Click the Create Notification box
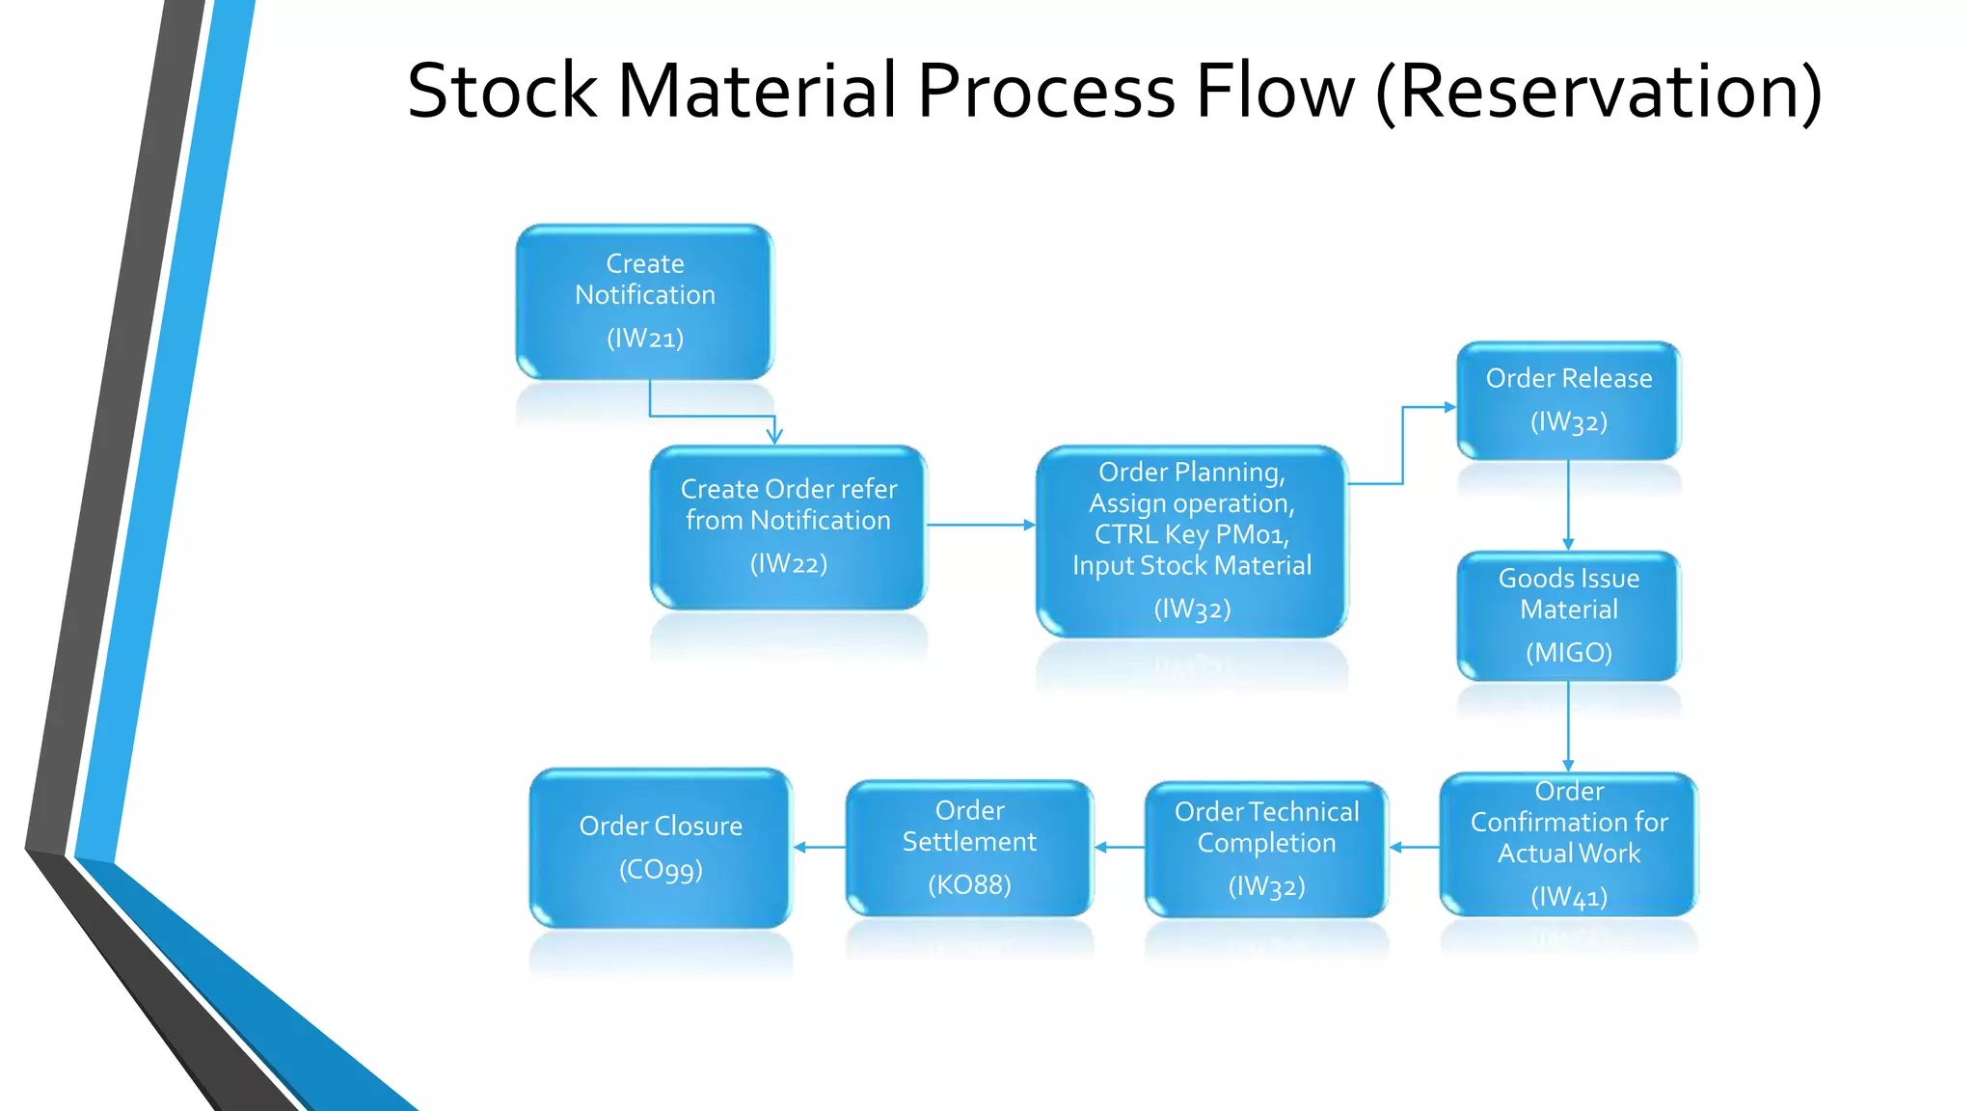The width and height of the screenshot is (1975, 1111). click(x=644, y=301)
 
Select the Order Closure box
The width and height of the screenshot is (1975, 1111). click(x=661, y=848)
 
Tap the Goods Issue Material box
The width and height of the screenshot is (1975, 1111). click(x=1568, y=615)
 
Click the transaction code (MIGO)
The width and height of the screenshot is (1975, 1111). click(x=1568, y=653)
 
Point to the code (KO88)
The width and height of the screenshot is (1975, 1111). click(x=969, y=885)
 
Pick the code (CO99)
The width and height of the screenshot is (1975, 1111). click(x=661, y=870)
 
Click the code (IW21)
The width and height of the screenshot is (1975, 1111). click(x=644, y=339)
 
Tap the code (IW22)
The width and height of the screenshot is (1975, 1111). click(x=788, y=564)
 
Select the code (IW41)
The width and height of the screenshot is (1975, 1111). click(x=1568, y=898)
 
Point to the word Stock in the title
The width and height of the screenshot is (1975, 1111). click(x=501, y=92)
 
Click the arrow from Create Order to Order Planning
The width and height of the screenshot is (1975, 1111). click(x=980, y=525)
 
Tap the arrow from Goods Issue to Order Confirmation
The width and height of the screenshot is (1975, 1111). click(x=1568, y=725)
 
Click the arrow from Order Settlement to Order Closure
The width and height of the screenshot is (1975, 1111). click(x=819, y=847)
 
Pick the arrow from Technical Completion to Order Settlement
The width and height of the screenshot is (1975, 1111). click(x=1119, y=847)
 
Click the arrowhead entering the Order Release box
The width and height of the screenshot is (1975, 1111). click(x=1449, y=407)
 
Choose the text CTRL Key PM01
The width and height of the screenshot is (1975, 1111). click(x=1191, y=534)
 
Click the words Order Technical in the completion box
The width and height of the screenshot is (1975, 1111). click(x=1265, y=812)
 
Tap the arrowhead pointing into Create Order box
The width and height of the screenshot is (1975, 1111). click(x=774, y=437)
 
